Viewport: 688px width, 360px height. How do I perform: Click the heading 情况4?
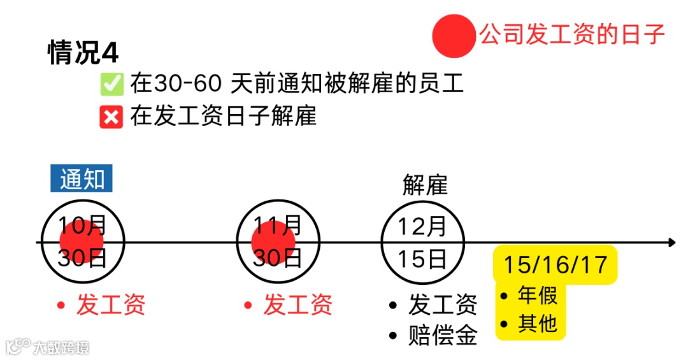[x=83, y=52]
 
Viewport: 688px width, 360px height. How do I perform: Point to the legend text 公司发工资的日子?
[x=572, y=35]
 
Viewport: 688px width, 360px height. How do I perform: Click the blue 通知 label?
[x=82, y=179]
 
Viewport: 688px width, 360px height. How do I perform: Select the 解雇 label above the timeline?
[x=425, y=185]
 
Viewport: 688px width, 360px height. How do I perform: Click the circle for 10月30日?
[x=83, y=242]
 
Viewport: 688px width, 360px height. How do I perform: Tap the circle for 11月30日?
[x=277, y=242]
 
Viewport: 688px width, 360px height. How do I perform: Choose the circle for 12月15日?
[x=422, y=242]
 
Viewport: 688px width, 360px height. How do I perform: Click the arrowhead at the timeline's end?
[x=671, y=242]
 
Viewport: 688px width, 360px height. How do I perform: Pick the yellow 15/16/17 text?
[x=555, y=264]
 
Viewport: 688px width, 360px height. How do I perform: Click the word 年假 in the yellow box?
[x=538, y=296]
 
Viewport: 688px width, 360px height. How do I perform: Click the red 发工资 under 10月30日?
[x=111, y=305]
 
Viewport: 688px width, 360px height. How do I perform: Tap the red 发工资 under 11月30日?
[x=297, y=305]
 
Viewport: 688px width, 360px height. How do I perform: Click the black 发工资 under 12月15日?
[x=442, y=305]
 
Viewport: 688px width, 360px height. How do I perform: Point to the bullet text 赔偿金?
[x=442, y=335]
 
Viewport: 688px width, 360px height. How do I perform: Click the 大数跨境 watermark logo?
[x=48, y=347]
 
